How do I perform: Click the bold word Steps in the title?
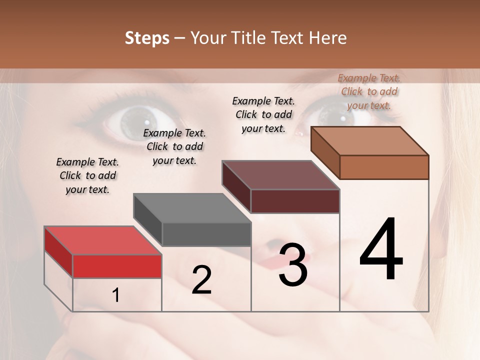[147, 38]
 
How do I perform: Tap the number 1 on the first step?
[115, 295]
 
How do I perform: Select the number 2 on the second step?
[201, 280]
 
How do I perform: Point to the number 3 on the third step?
[293, 265]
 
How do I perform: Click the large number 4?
[381, 249]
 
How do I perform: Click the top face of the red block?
[102, 240]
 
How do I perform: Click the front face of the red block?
[117, 266]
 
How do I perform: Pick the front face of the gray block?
[206, 234]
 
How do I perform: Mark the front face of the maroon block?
[295, 201]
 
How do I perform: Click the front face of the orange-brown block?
[384, 167]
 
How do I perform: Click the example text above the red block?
[87, 175]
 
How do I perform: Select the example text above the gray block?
[174, 146]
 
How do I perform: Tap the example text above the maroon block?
[263, 114]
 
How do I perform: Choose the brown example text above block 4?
[369, 91]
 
